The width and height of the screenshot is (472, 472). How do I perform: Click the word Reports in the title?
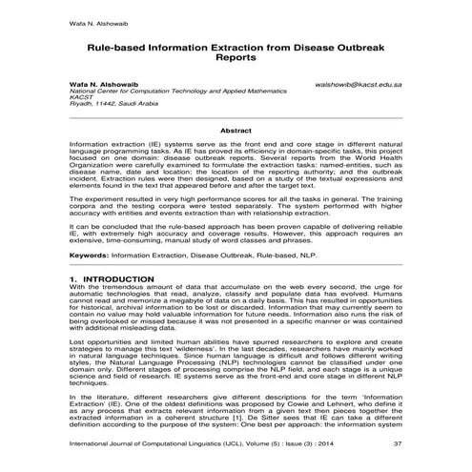[x=236, y=57]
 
